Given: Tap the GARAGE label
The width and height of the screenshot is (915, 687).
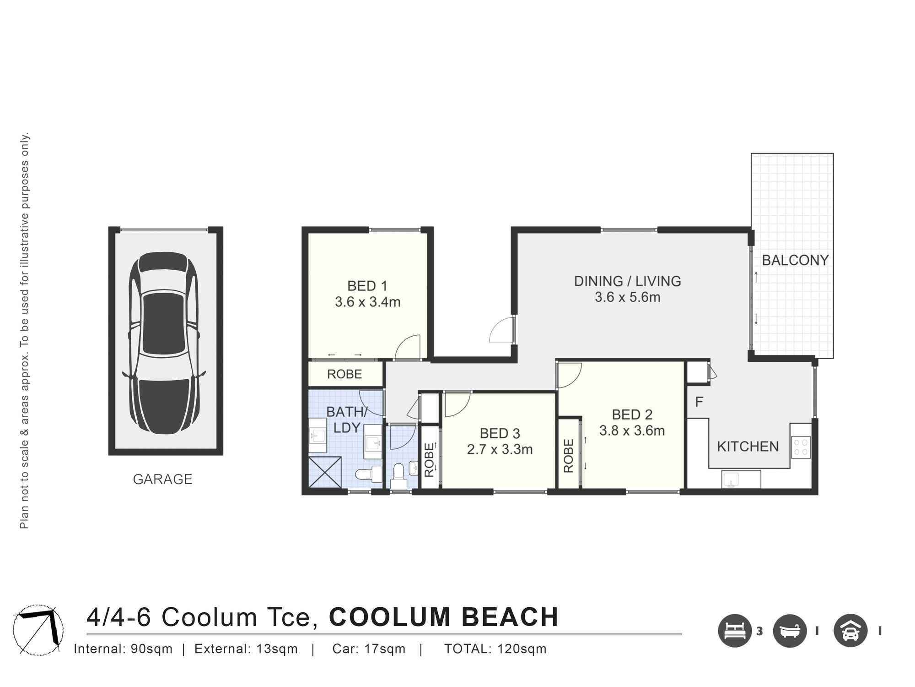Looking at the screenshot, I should pos(162,479).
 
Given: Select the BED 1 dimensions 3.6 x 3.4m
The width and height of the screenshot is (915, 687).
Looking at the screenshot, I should pos(367,302).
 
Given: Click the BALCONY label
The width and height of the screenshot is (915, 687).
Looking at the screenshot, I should pos(795,260).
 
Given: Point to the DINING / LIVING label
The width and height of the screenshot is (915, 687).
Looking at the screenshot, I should pos(627,281).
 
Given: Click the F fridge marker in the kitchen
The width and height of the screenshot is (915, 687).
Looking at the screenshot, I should pos(699,402).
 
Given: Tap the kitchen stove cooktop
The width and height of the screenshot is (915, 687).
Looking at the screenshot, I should pos(801,447).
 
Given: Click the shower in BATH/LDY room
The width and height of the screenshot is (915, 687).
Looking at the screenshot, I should pos(325,472).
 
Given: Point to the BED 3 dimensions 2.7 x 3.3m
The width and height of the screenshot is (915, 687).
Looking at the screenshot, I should pos(500,450).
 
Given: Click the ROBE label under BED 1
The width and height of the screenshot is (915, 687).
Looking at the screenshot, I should pos(344,374).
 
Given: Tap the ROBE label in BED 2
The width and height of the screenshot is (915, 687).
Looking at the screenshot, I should pos(569,456).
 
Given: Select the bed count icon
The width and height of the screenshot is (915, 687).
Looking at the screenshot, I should pos(735,631).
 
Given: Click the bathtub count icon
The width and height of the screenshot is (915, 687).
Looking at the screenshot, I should pos(790,631).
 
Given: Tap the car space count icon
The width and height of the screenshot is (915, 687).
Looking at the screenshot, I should pos(850,631).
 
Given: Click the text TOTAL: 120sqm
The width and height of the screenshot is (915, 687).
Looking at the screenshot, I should pos(495,649).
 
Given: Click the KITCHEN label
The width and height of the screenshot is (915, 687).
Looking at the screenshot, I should pos(748,447).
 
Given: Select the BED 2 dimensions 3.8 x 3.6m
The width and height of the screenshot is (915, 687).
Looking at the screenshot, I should pos(632,431).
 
